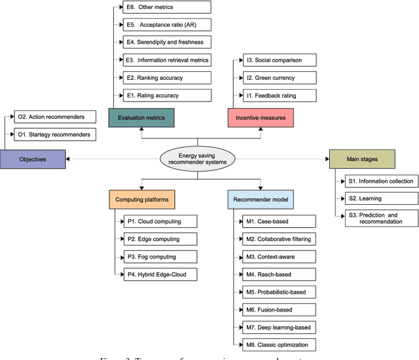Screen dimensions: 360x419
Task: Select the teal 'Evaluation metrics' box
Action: pos(141,118)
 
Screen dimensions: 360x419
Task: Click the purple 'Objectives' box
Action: pos(33,158)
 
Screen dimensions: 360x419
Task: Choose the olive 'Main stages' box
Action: pos(361,158)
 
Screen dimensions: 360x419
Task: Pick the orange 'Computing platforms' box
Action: pos(142,198)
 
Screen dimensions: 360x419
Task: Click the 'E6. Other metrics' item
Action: pos(168,7)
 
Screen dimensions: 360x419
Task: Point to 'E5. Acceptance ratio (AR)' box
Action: pos(168,25)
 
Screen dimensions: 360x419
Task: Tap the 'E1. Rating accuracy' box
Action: pos(168,96)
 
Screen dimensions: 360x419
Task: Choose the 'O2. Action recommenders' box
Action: pos(55,117)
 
